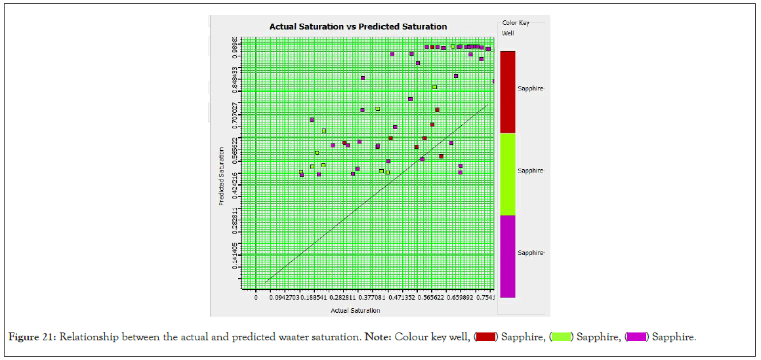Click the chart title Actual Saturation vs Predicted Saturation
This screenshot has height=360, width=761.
pos(358,27)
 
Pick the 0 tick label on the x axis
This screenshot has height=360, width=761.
pos(256,298)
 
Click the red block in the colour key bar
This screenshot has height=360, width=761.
pos(507,92)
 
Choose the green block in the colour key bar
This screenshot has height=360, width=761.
pos(507,174)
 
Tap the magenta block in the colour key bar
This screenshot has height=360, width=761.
pos(507,256)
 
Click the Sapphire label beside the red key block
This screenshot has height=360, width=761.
pos(531,88)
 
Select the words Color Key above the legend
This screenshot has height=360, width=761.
pos(516,23)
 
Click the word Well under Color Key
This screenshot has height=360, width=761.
pos(508,32)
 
